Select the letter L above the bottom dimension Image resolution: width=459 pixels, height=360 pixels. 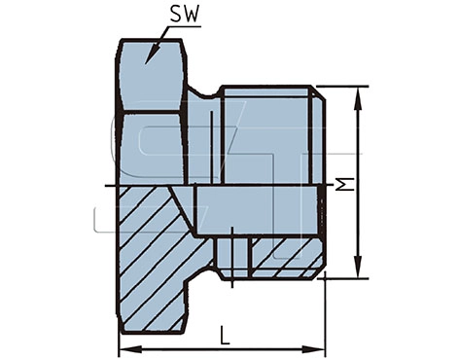click(225, 336)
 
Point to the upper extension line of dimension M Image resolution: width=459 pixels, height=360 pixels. click(345, 87)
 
